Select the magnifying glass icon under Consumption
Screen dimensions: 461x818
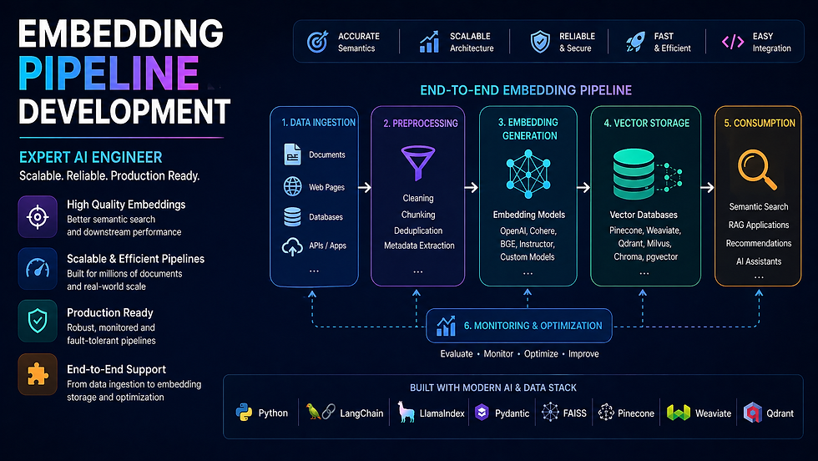click(758, 169)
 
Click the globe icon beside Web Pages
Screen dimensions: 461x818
click(292, 186)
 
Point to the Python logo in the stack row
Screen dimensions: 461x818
click(244, 413)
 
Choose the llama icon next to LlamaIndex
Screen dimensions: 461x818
click(407, 413)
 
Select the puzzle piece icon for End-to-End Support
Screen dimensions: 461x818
click(38, 375)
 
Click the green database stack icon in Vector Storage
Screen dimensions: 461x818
click(635, 170)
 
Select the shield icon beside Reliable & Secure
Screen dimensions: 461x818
click(540, 42)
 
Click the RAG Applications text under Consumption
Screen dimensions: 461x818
click(758, 225)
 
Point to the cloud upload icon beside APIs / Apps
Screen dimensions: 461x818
click(292, 246)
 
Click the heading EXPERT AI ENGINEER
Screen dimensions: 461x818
click(91, 157)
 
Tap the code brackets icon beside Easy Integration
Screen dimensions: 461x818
click(732, 42)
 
